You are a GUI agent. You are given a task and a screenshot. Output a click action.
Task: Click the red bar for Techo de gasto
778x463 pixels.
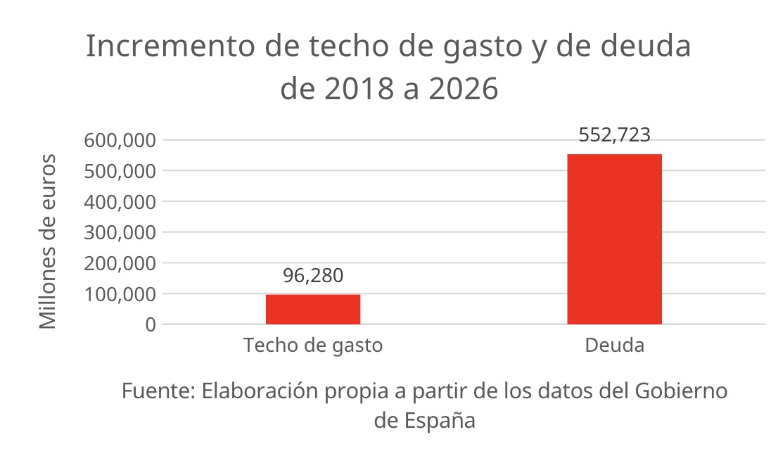[x=313, y=310]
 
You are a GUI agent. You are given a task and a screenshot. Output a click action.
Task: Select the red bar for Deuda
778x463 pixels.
[x=614, y=239]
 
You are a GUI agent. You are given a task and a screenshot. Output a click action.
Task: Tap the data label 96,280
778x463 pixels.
[x=313, y=276]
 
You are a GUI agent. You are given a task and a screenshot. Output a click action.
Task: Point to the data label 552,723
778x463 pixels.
[x=614, y=135]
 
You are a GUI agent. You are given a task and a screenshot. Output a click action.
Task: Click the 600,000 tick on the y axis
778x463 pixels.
[x=120, y=140]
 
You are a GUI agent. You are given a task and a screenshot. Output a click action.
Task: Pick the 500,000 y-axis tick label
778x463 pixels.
[x=120, y=171]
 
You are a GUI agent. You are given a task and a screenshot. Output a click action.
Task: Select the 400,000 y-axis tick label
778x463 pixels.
[x=120, y=202]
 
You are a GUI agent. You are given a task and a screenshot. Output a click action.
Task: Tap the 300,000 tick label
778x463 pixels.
[x=120, y=232]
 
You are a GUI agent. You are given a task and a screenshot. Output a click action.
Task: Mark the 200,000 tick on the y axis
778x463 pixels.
[x=120, y=263]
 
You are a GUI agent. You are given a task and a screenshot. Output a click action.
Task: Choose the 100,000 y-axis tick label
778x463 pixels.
[x=120, y=294]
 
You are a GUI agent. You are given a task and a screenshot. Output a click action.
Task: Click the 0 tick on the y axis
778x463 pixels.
[x=149, y=325]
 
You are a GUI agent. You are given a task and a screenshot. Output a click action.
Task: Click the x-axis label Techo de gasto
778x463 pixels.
[x=313, y=346]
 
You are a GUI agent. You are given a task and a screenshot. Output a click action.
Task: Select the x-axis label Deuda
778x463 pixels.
[x=614, y=346]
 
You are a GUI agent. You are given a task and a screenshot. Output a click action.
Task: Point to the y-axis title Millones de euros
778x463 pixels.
[x=47, y=241]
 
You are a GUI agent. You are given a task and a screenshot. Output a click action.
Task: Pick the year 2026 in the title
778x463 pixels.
[x=463, y=89]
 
